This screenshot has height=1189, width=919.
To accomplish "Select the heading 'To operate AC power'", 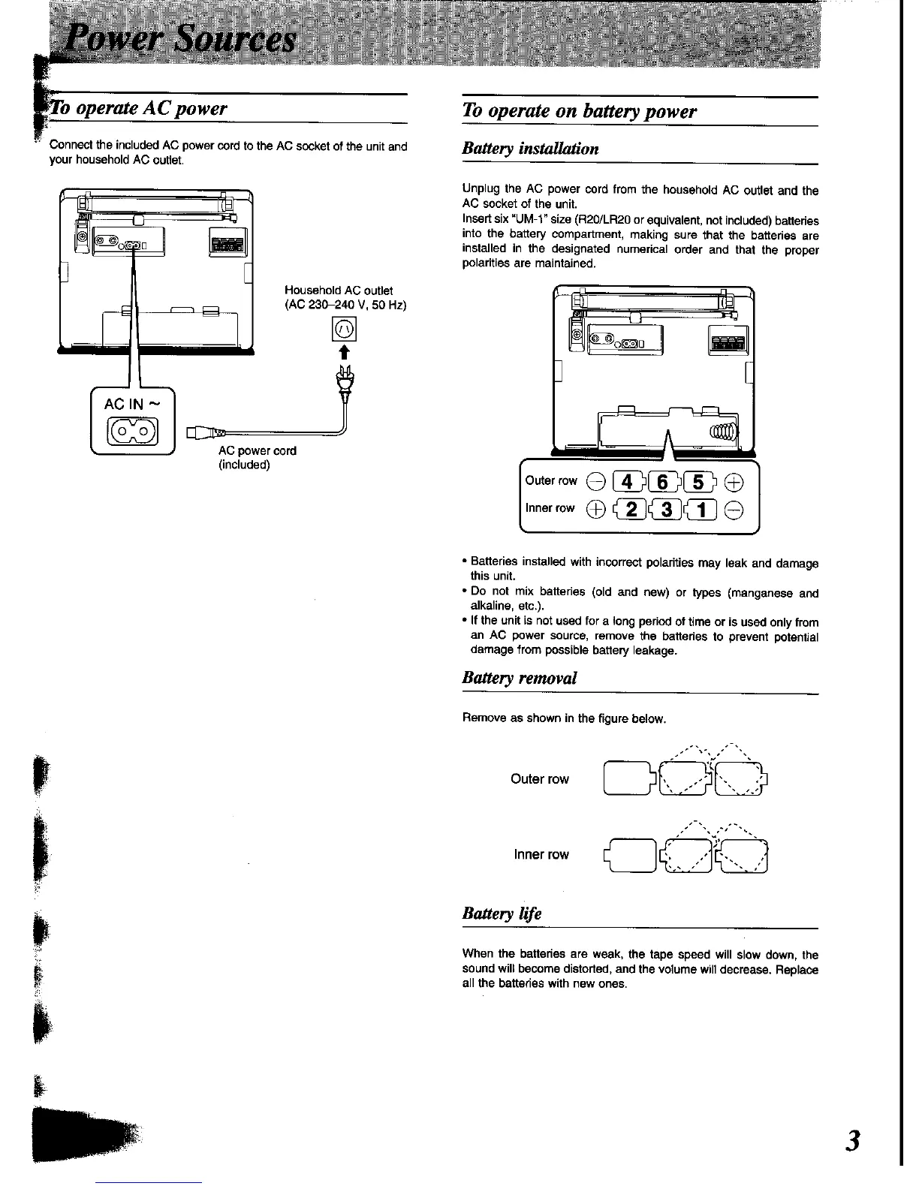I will pos(143,109).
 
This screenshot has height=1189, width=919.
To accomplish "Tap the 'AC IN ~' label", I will pos(132,405).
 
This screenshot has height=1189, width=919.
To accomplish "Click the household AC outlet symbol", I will pos(346,328).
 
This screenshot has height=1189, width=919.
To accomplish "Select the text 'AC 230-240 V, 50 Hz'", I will pos(345,305).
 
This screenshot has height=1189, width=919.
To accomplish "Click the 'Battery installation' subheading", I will pos(531,149).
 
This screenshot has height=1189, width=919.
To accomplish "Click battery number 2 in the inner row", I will pos(631,509).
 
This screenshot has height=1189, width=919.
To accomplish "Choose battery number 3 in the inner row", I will pos(666,509).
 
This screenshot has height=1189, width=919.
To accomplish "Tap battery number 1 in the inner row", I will pos(701,509).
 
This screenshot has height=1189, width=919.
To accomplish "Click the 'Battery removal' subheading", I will pos(520,678).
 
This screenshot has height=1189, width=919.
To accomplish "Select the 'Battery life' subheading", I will pos(502,914).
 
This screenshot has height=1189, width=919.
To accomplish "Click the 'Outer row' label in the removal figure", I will pos(539,779).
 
